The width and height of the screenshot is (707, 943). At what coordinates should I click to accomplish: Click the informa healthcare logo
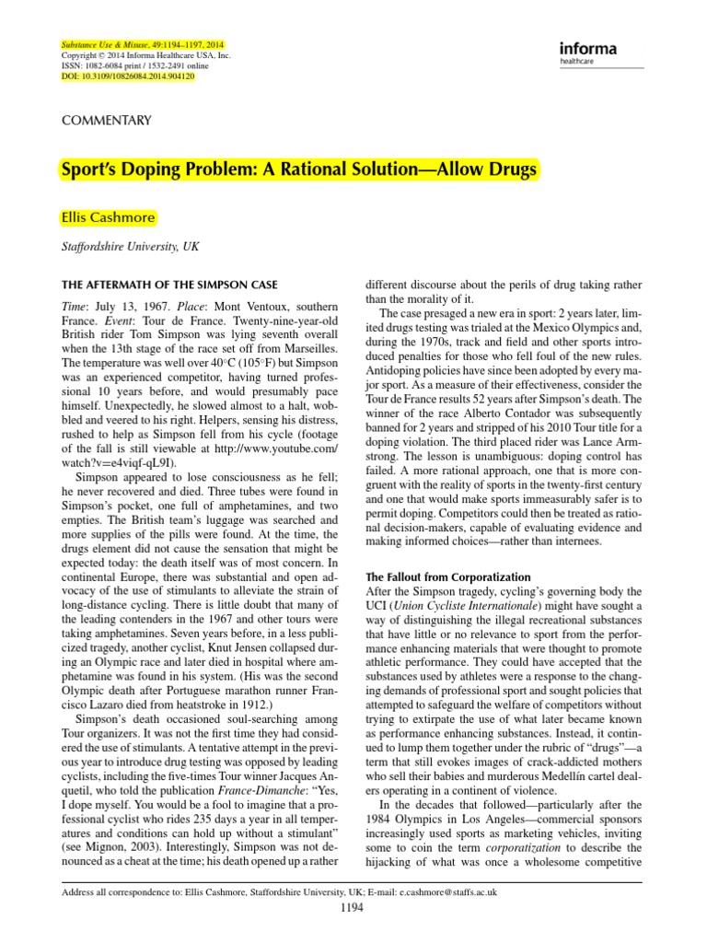click(586, 52)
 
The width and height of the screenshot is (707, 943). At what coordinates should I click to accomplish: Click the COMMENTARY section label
click(106, 121)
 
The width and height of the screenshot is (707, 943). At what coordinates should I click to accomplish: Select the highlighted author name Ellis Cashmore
click(108, 218)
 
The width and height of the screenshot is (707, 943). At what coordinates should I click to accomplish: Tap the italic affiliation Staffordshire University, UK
click(129, 247)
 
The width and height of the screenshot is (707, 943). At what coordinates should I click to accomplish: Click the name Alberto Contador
click(484, 399)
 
